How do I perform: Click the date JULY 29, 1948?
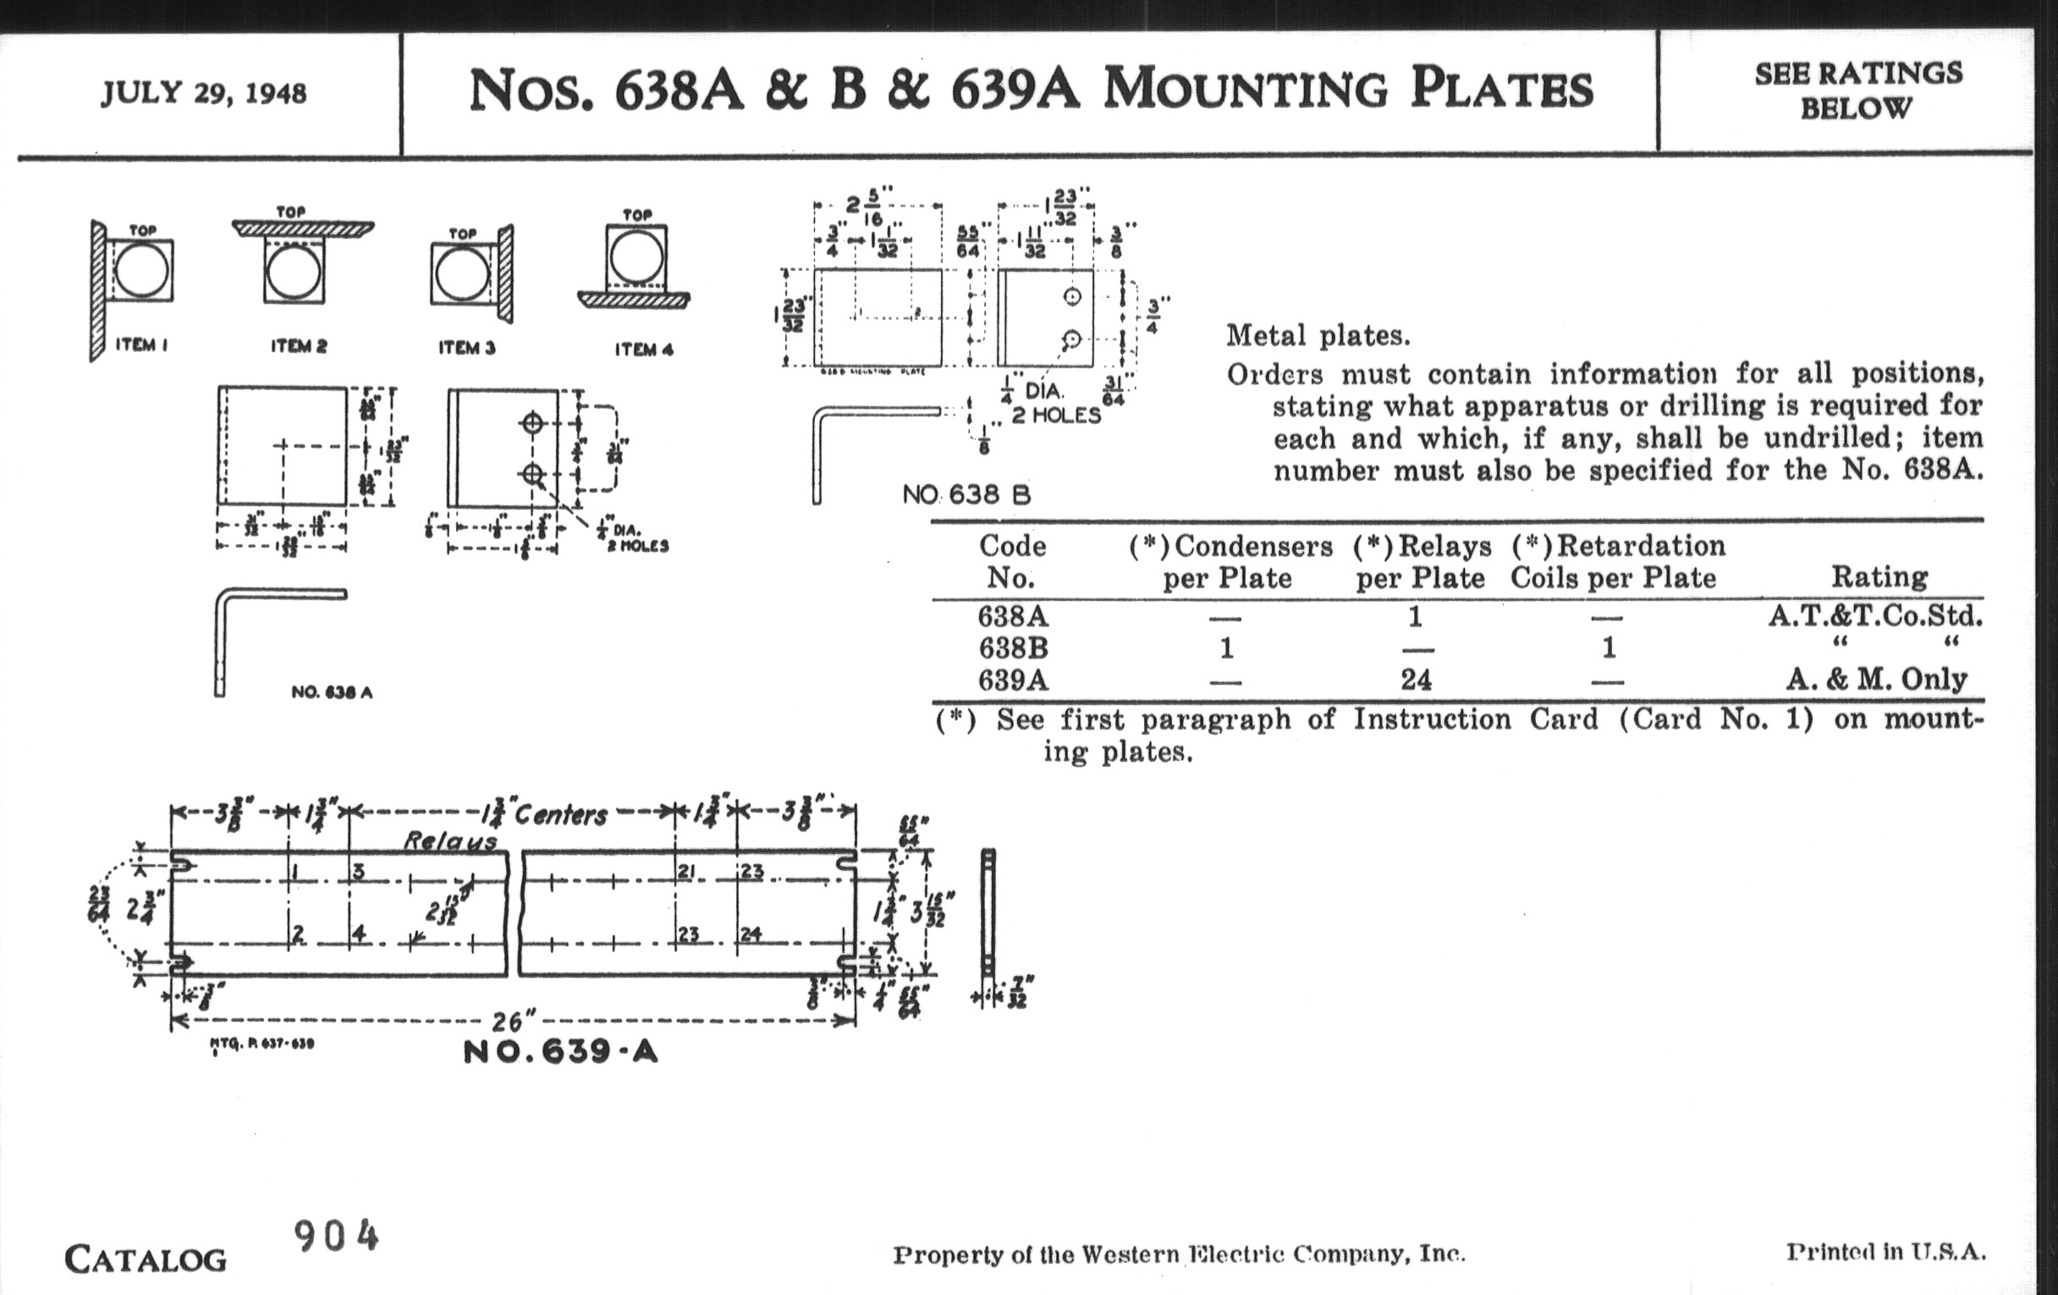203,92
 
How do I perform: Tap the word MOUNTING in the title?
1245,90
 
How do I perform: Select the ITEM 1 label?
141,344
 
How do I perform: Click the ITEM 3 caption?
466,347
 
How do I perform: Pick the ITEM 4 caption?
644,349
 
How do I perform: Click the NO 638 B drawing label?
966,495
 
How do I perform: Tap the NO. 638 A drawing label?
332,692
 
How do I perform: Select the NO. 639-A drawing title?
561,1051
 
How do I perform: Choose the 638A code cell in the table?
1013,616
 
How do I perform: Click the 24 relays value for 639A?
1416,680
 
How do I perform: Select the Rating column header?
1879,577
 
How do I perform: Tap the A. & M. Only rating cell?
1877,680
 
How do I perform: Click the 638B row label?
1013,648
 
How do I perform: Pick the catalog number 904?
336,1236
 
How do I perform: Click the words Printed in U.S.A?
1885,1253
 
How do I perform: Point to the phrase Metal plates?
1318,335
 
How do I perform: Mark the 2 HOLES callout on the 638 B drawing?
1056,416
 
